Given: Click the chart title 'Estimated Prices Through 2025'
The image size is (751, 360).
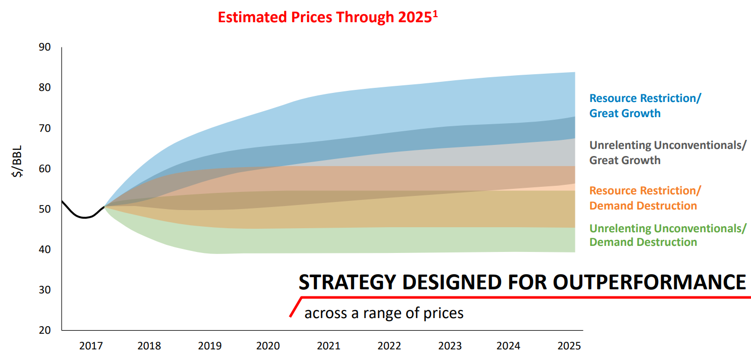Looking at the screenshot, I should pos(325,17).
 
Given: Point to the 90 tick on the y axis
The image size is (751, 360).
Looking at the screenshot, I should pos(45,47).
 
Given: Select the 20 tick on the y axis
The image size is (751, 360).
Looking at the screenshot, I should pos(45,330).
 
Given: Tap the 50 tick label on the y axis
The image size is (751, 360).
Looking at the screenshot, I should pos(45,209).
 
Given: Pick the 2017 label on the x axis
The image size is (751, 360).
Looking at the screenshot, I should pos(91,346).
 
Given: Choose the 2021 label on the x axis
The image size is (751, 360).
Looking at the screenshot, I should pos(329,346).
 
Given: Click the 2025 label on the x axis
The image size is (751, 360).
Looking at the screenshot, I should pos(569,346).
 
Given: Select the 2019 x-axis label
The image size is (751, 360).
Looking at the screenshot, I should pos(209,346).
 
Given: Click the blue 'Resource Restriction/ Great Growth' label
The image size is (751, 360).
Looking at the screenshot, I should pos(645,106).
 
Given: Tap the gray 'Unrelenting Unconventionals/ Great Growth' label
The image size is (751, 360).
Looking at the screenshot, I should pos(667,152).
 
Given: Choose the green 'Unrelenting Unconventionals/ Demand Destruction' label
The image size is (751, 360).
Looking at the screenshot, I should pos(667,235).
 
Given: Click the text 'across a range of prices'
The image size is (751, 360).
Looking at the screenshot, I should pos(384,313).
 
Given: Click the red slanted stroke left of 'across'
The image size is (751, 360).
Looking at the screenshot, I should pos(295,307).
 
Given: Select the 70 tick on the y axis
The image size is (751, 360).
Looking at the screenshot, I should pos(45,128).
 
